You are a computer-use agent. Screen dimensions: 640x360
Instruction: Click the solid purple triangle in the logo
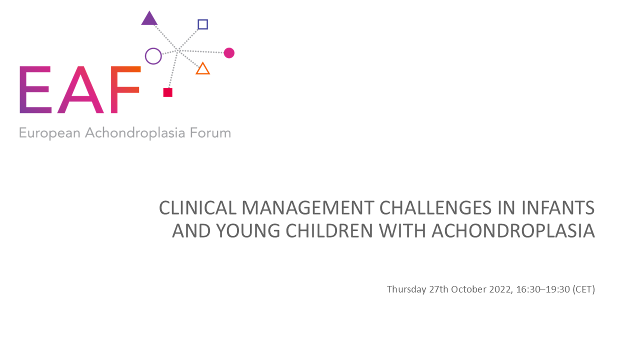[149, 19]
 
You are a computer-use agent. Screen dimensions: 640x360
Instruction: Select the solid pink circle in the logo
[229, 53]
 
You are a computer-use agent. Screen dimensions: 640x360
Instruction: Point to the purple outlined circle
[145, 56]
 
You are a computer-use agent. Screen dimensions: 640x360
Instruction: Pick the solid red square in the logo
[167, 92]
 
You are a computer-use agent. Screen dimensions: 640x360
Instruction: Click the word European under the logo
[49, 133]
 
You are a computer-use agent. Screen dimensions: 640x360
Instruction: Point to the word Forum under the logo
[210, 133]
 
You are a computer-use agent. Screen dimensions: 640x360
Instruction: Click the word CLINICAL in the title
[197, 207]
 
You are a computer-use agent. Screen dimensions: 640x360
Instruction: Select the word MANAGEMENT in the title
[308, 207]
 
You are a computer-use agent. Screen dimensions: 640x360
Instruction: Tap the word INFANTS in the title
[558, 207]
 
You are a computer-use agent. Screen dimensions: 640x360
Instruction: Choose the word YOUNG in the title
[248, 231]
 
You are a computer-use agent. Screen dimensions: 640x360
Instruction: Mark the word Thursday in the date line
[406, 289]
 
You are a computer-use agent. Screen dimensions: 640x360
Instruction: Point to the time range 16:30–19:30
[543, 289]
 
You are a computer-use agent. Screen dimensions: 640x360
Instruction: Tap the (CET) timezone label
[583, 289]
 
